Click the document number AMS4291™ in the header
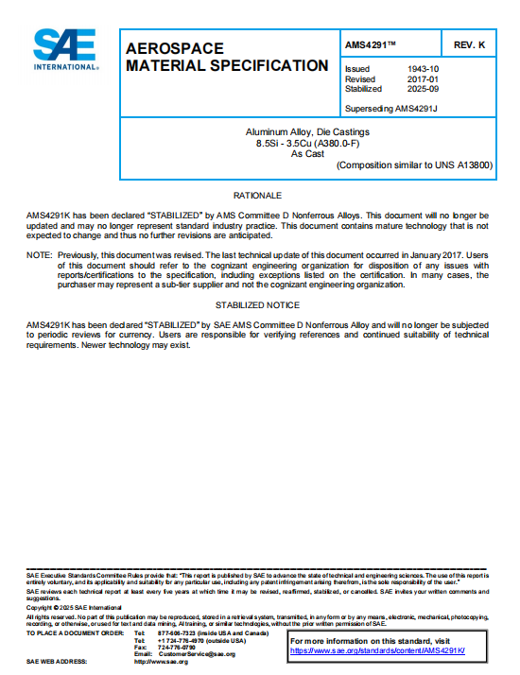372,45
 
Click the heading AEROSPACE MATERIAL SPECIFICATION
227,57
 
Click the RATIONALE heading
257,195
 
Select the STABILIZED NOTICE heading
257,305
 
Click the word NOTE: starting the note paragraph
39,255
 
